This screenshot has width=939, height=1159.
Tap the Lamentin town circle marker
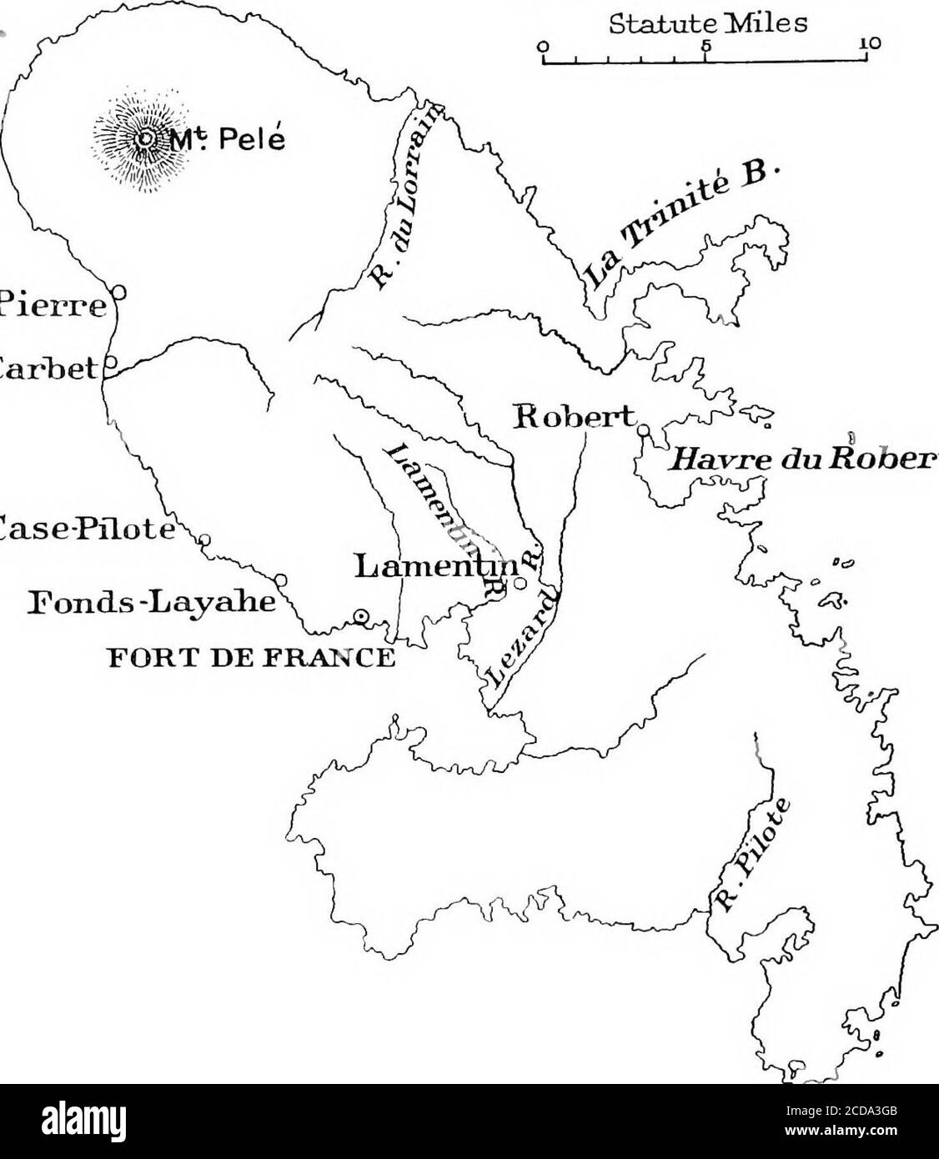pos(520,585)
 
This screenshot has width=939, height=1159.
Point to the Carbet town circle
pos(110,364)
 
